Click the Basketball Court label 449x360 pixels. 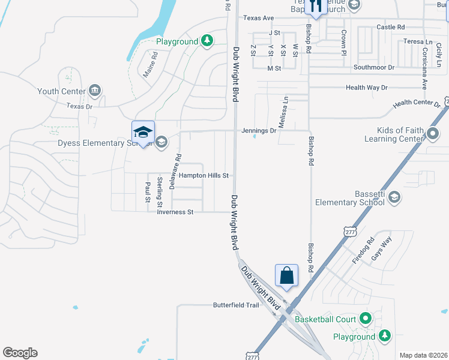(326, 319)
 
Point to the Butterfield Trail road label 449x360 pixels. (236, 305)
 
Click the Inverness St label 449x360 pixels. (174, 212)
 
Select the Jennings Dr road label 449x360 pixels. (259, 130)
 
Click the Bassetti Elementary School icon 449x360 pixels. (394, 197)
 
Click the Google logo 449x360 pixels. (20, 353)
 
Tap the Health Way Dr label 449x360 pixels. (367, 88)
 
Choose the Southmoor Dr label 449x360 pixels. (374, 67)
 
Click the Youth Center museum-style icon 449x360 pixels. (94, 91)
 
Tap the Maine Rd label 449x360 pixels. (149, 64)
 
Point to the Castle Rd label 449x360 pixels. (391, 27)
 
